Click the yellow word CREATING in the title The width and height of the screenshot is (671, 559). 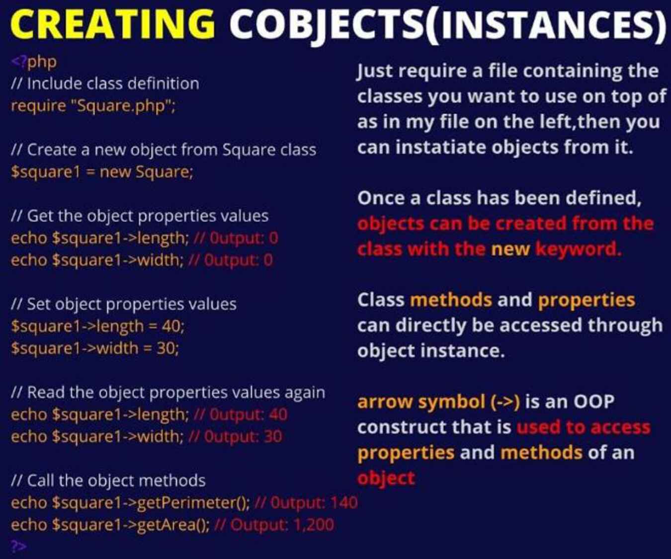[112, 23]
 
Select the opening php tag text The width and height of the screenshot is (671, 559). [34, 63]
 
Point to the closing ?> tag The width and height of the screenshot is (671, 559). [19, 546]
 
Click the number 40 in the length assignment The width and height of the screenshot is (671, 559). [171, 326]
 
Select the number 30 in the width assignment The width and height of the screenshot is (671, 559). [166, 348]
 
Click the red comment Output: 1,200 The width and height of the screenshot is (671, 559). [274, 525]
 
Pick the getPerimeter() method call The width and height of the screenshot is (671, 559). [193, 503]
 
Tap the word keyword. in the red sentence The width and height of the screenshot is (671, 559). [579, 250]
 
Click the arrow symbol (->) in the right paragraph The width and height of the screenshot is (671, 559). [438, 402]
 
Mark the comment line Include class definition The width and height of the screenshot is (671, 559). [105, 84]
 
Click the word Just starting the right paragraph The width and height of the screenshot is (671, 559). [377, 72]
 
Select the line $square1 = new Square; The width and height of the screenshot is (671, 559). [102, 172]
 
